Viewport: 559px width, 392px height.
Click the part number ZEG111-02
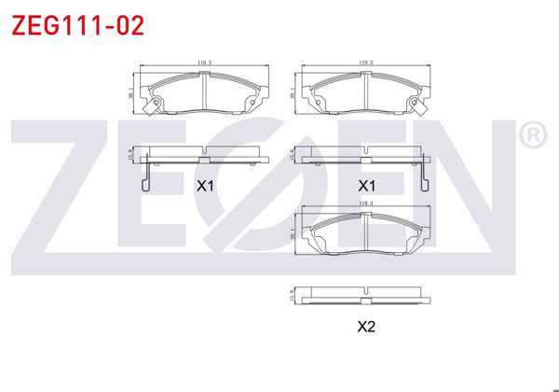point(77,25)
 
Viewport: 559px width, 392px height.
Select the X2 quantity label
point(366,327)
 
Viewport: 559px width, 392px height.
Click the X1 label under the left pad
point(205,186)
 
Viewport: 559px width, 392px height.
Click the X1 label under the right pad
point(366,186)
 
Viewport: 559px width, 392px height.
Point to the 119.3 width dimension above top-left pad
point(204,63)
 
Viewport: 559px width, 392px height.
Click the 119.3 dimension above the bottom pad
point(365,203)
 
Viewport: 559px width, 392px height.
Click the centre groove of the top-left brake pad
point(204,91)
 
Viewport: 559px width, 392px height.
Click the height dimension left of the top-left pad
point(130,91)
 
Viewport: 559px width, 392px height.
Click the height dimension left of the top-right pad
point(291,91)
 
